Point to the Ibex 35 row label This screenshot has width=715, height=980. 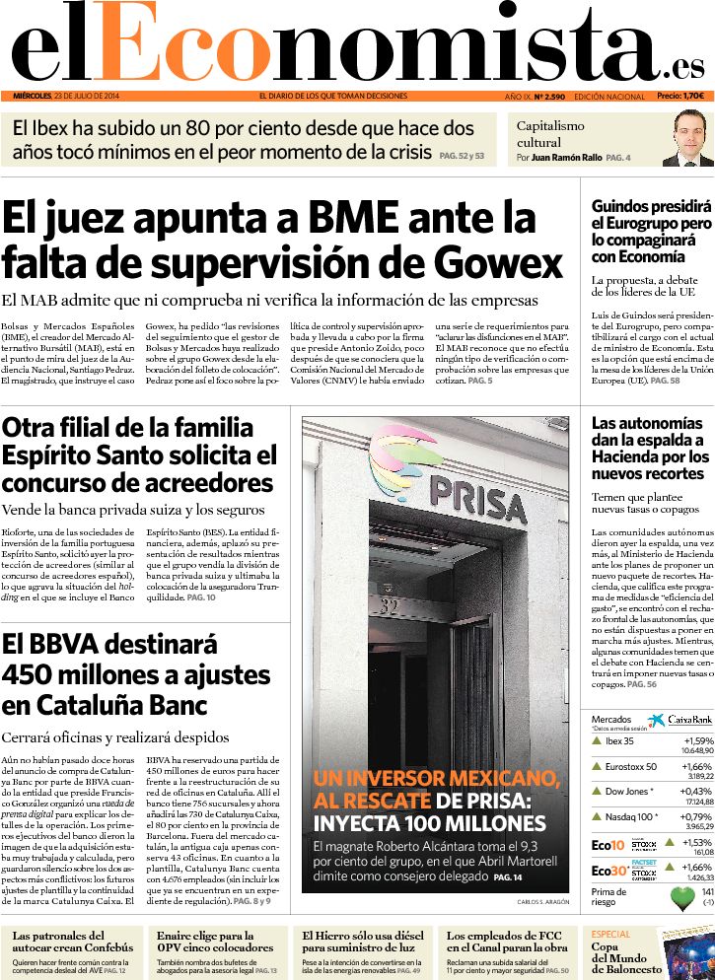click(619, 741)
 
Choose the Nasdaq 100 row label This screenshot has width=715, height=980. click(631, 816)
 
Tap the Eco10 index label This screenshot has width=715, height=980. click(608, 844)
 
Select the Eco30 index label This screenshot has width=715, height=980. click(608, 871)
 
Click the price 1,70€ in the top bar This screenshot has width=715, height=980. click(693, 97)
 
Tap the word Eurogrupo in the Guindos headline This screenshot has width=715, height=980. click(641, 224)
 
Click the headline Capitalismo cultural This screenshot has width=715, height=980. click(550, 133)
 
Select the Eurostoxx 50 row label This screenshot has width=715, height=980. click(631, 766)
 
